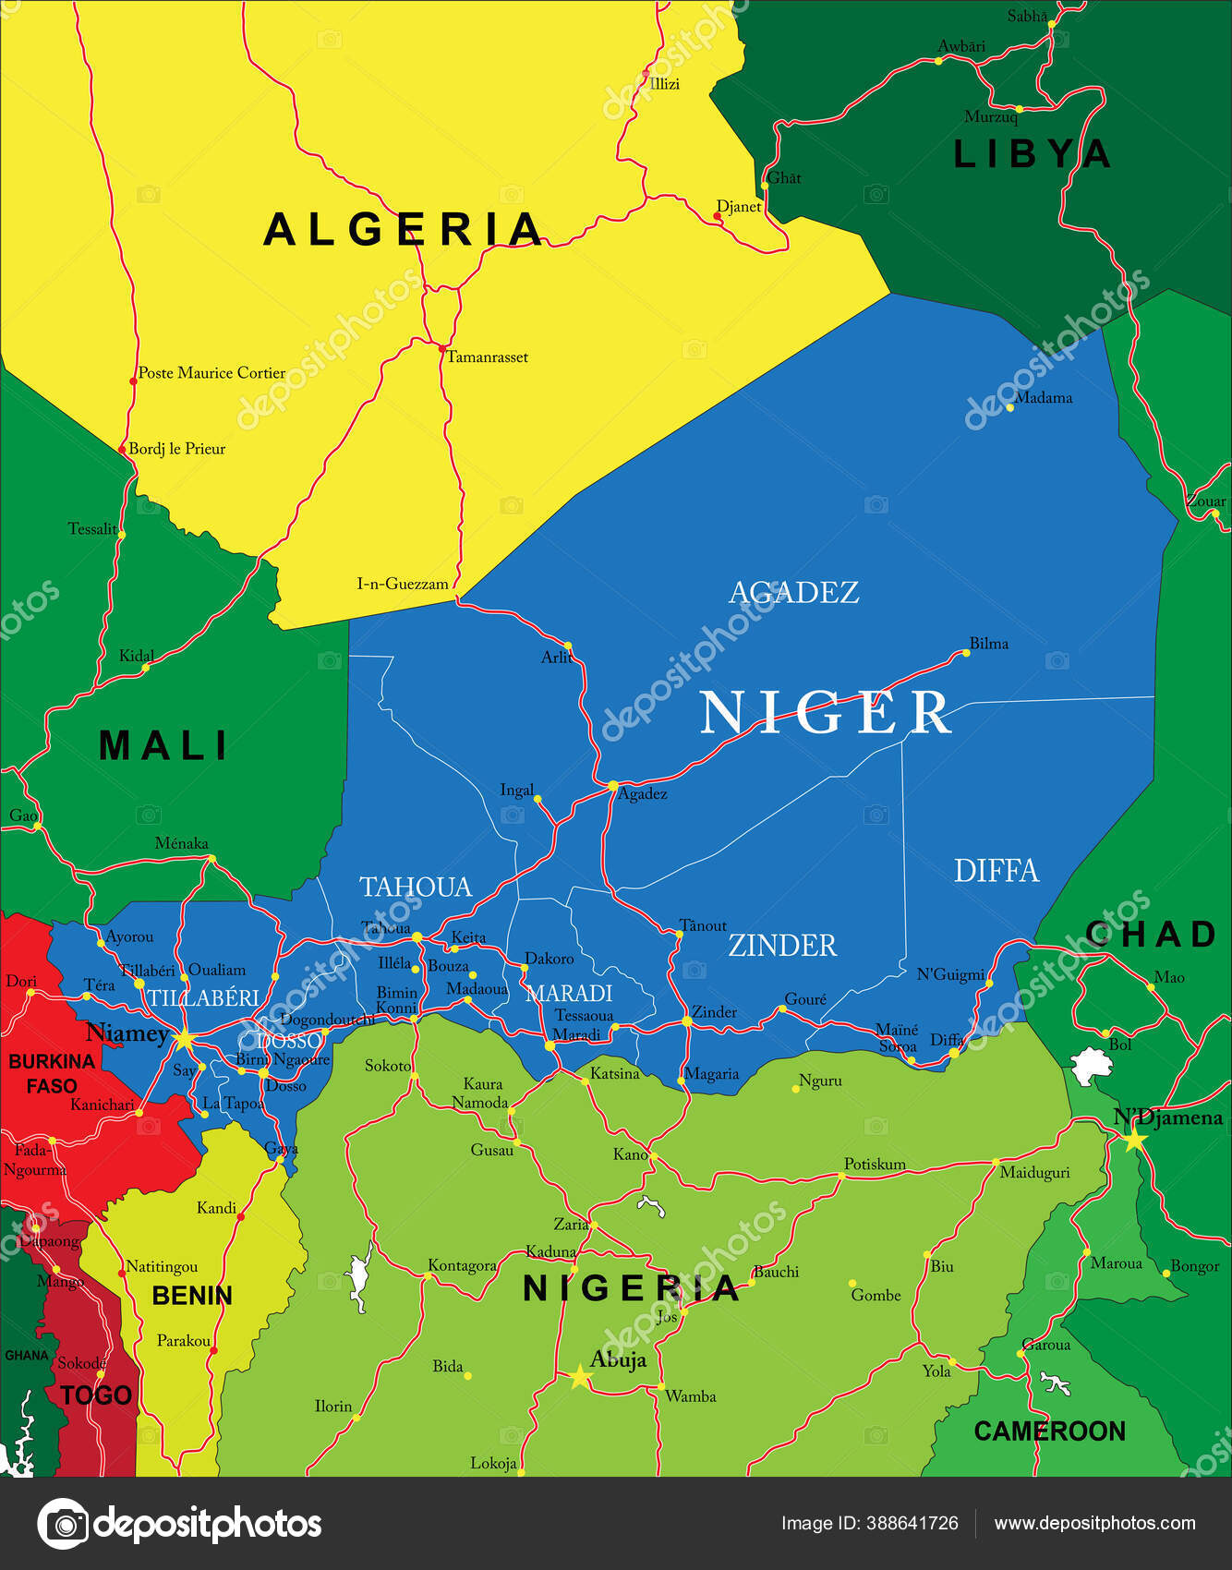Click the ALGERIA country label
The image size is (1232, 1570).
pos(403,229)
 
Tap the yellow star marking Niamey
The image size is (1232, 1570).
pos(184,1040)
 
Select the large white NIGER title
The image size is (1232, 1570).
pos(825,713)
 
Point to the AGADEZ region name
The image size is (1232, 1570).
pos(793,592)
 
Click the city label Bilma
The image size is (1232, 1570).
pos(988,644)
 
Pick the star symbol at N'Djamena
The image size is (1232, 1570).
pos(1134,1140)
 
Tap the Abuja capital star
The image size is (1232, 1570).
pos(580,1377)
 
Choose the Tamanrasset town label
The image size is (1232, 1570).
pos(487,357)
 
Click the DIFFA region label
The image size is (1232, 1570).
pos(996,871)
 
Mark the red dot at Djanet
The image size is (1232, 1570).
pos(718,217)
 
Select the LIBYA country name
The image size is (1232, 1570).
pos(1031,154)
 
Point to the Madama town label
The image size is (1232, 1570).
pos(1043,398)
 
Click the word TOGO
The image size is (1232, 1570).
pos(96,1395)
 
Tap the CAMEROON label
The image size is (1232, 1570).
pos(1049,1431)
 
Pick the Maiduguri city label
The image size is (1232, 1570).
pos(1034,1173)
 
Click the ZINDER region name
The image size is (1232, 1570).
pos(782,946)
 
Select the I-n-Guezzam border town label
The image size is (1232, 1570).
pos(403,584)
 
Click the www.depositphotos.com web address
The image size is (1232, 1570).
pos(1094,1524)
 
